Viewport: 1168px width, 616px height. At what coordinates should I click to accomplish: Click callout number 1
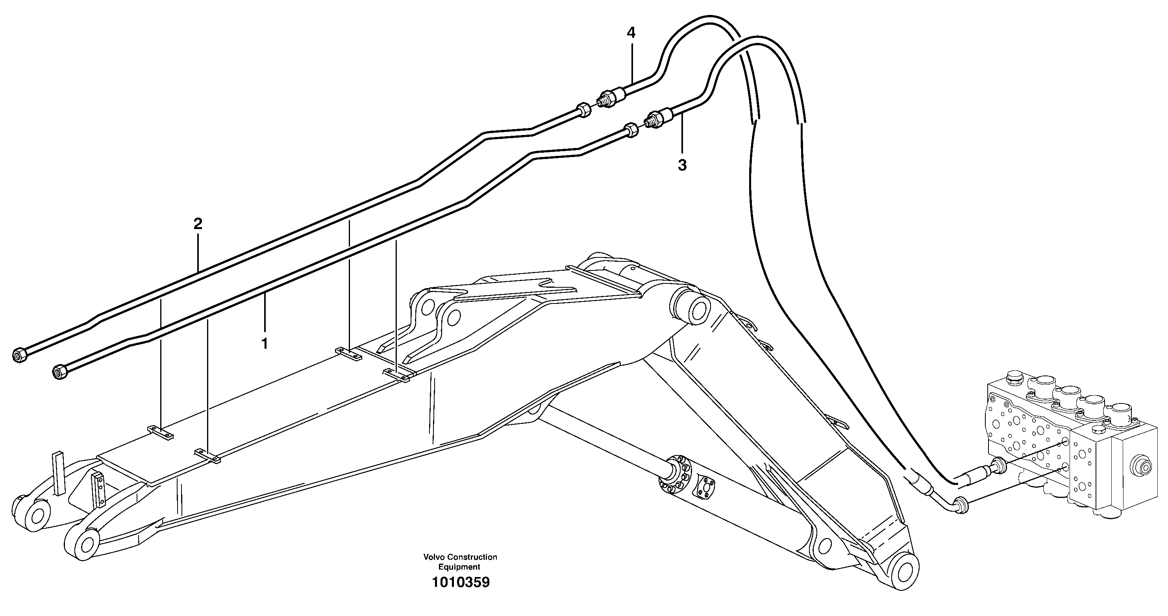click(x=264, y=343)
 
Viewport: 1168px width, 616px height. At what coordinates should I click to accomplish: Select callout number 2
click(x=198, y=224)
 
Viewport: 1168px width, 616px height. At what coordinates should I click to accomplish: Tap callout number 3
click(x=682, y=165)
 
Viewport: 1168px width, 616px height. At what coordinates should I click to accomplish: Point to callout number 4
click(x=631, y=33)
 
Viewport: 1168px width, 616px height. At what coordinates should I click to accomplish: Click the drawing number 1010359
click(x=460, y=582)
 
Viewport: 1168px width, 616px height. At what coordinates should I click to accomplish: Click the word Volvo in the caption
click(x=433, y=557)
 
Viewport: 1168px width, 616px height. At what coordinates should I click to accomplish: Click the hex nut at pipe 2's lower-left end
click(x=19, y=355)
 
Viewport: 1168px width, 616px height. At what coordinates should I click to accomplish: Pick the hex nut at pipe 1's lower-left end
click(x=60, y=371)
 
